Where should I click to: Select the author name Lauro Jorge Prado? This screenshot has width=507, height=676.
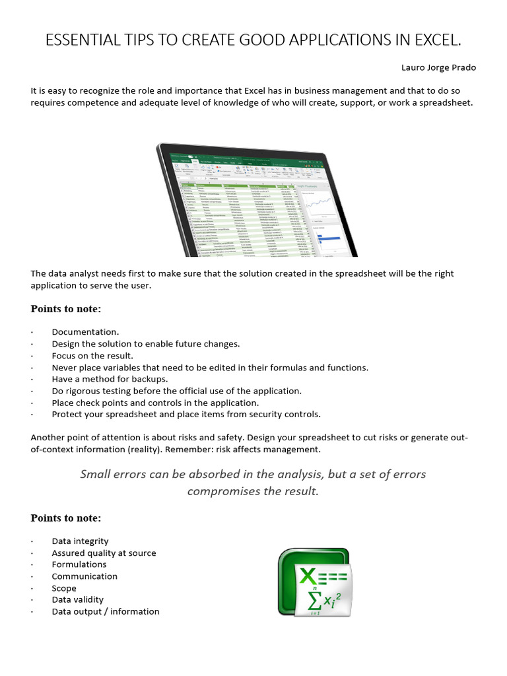point(438,67)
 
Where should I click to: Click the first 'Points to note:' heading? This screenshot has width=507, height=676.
point(66,309)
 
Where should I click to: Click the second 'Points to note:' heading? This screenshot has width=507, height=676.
point(66,518)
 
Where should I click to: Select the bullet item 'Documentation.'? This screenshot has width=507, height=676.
point(85,332)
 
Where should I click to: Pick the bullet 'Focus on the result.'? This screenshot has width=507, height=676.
point(92,356)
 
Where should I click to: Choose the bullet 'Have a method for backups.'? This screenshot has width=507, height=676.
point(110,379)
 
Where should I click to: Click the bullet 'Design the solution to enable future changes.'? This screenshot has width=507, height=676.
point(146,344)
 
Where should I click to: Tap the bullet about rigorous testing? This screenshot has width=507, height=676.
point(176,391)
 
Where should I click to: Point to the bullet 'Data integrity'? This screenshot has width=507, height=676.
point(80,541)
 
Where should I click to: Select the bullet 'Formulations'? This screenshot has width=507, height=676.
point(79,564)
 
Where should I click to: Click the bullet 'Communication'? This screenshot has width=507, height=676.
point(84,576)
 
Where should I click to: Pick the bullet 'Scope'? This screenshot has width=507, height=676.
point(64,588)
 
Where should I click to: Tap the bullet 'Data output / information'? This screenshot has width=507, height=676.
point(106,611)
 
